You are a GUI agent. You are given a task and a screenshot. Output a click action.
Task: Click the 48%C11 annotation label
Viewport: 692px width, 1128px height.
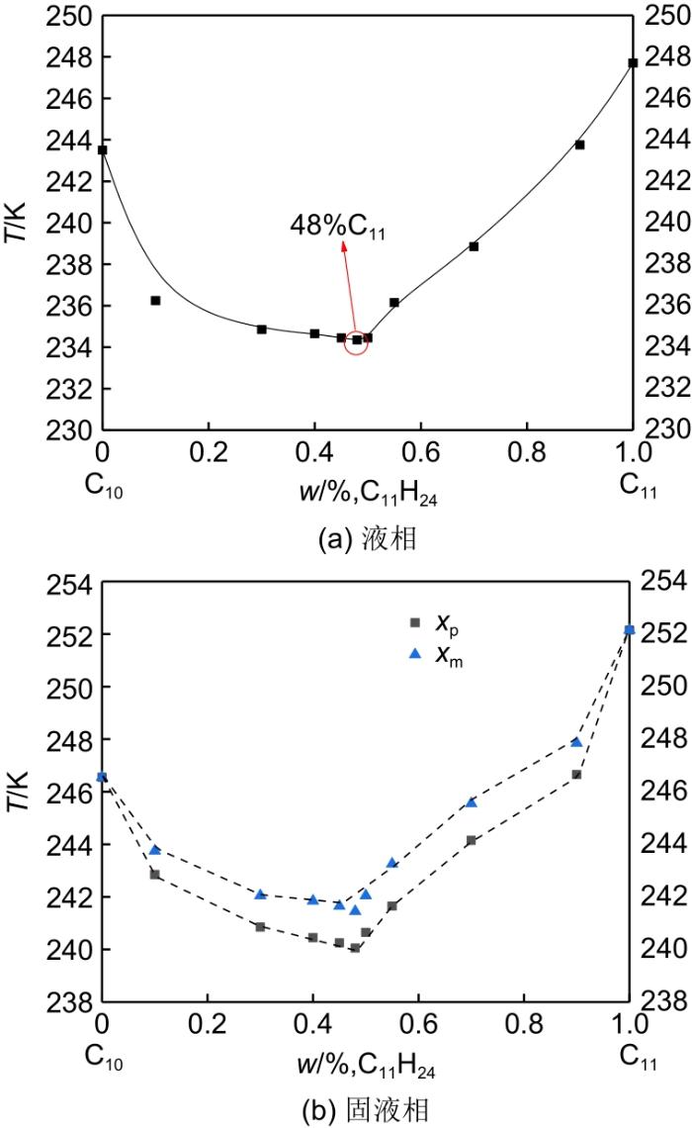pyautogui.click(x=337, y=229)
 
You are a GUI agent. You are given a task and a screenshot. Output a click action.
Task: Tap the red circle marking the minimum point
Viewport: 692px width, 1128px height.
pyautogui.click(x=357, y=339)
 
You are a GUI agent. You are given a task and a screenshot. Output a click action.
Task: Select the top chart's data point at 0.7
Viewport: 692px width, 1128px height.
pyautogui.click(x=474, y=246)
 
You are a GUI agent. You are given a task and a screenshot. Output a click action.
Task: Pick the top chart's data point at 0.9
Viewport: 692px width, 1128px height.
pyautogui.click(x=579, y=144)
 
